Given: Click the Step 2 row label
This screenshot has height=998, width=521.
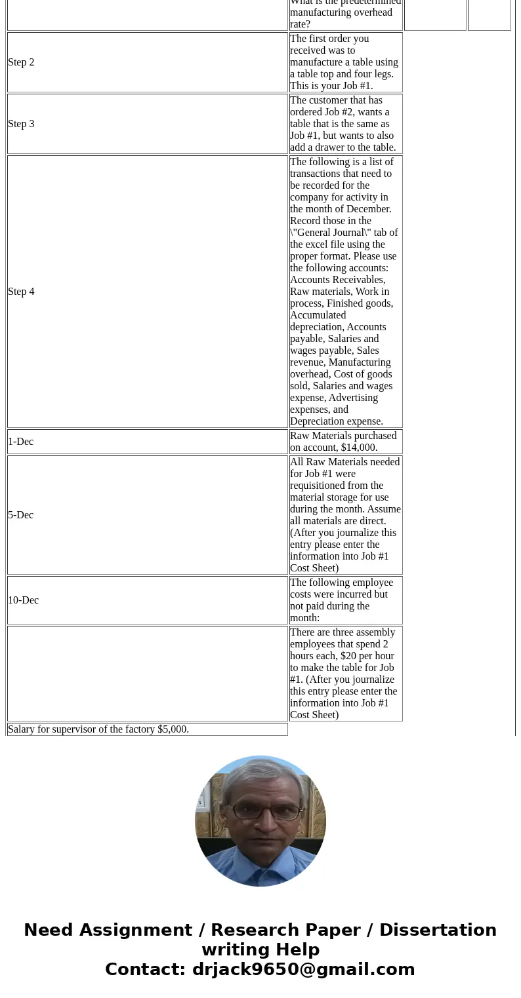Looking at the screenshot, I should [21, 62].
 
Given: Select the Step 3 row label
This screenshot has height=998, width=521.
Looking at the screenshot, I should [21, 124].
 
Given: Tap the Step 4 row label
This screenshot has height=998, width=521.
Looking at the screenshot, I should [21, 292].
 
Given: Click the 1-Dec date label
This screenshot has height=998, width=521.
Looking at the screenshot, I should [20, 442].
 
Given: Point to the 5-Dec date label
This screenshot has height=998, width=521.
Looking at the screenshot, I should [20, 515].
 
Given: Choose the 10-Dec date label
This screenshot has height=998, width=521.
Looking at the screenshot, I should [23, 600].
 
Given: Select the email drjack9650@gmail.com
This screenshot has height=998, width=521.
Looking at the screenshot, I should [303, 969].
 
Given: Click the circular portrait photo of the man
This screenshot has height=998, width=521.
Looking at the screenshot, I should [260, 821].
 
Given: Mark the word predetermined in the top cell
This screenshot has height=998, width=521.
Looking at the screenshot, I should [371, 3].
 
